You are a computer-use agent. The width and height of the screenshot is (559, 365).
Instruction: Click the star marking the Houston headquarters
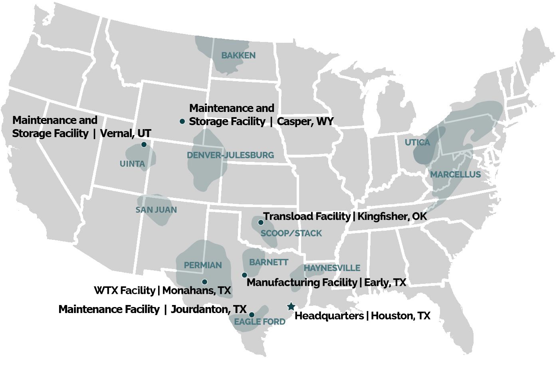tap(291, 307)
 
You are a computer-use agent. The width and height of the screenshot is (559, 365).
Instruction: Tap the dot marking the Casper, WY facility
tap(182, 121)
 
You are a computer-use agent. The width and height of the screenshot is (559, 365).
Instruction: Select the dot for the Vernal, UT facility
tap(144, 144)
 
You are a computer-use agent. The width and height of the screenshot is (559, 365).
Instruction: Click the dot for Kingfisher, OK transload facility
tap(261, 222)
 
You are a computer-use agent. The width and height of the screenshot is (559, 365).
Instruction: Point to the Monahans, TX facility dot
tap(204, 282)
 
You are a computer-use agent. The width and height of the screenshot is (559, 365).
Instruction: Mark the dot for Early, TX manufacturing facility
tap(244, 275)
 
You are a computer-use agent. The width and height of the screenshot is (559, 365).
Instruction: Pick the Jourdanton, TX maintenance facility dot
tap(252, 315)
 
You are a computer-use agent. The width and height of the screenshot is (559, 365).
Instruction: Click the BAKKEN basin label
tap(238, 56)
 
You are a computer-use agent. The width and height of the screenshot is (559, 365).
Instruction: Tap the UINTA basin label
tap(132, 164)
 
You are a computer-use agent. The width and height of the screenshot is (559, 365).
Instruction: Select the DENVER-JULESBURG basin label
tap(230, 155)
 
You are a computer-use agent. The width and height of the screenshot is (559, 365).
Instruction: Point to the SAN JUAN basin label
tap(156, 210)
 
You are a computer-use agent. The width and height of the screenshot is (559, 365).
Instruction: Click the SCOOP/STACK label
tap(291, 233)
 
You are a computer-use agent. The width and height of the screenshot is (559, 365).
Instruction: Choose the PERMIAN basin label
tap(202, 265)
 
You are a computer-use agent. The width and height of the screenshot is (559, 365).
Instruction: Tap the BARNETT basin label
tap(269, 262)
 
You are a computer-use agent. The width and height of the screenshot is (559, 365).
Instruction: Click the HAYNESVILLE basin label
tap(332, 268)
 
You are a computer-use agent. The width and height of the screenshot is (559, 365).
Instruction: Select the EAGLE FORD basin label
tap(260, 322)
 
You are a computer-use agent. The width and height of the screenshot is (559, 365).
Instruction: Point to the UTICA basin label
tap(417, 143)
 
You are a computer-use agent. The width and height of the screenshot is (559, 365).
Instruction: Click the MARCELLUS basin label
tap(455, 175)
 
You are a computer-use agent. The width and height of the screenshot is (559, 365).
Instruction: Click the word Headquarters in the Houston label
tap(329, 316)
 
